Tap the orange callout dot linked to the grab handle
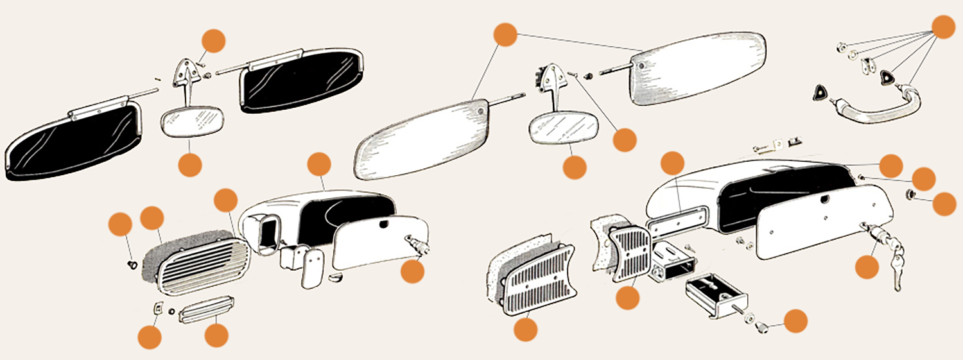pos(942,26)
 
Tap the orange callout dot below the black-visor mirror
pos(190,164)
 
